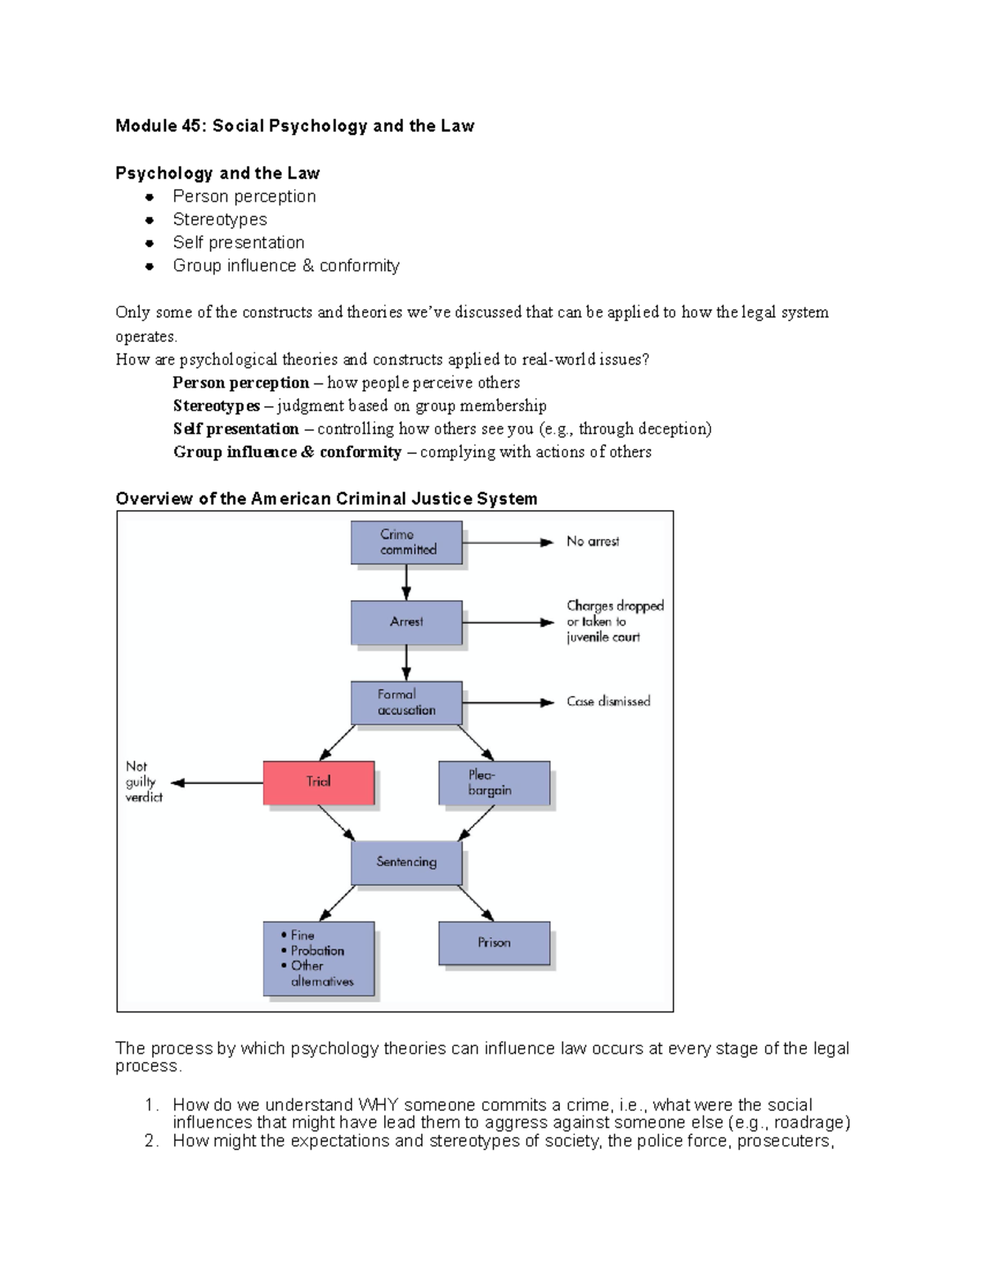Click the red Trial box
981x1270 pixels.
319,783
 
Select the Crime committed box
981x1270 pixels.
406,542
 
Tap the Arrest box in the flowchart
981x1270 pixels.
406,622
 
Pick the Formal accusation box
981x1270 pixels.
406,702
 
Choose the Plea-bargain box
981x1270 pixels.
494,783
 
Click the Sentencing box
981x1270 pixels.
406,862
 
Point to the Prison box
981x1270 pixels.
494,943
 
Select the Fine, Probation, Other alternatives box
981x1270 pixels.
319,958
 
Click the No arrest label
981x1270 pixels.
593,541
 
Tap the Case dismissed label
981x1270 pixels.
608,702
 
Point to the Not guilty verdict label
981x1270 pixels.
143,782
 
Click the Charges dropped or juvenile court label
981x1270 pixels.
614,622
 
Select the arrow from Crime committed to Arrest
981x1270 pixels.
406,583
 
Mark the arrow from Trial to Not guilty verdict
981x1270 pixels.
217,783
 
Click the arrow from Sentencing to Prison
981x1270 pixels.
476,904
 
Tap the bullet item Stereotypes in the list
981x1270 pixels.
220,219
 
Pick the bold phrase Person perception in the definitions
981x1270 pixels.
240,383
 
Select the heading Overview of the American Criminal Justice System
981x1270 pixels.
326,499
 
